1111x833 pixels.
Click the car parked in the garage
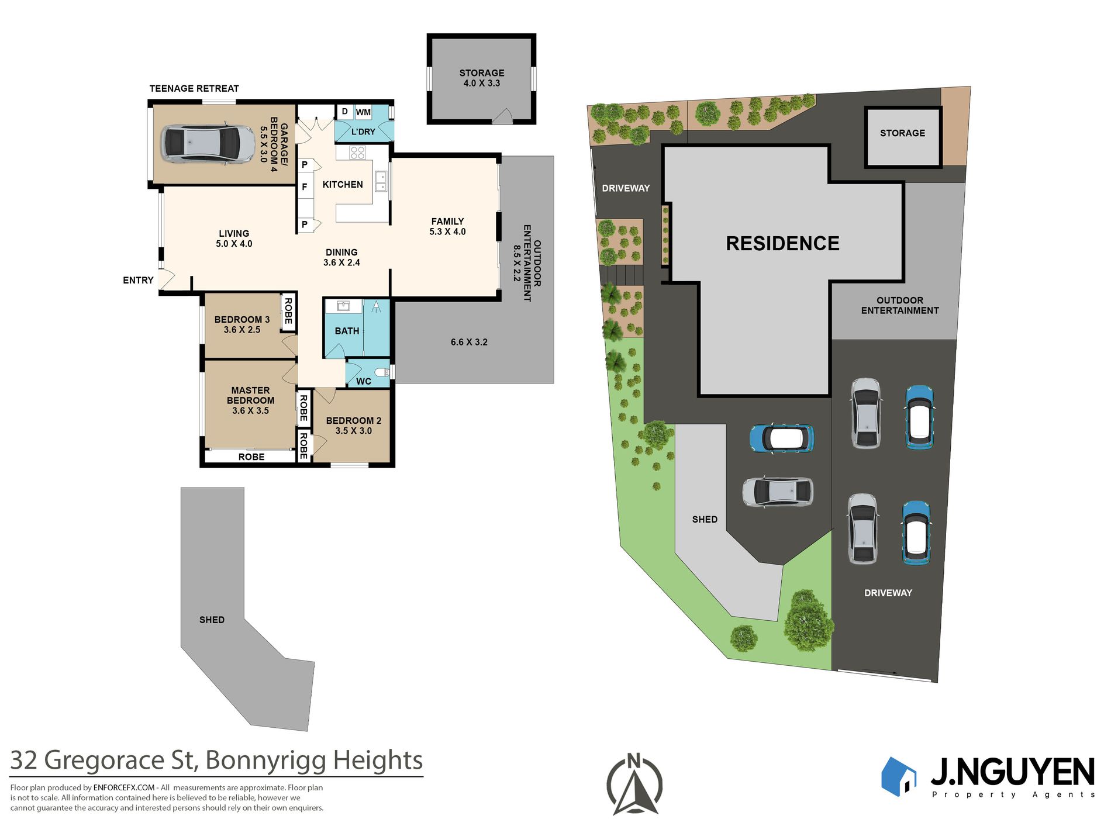coord(200,143)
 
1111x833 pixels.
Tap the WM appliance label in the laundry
coord(363,112)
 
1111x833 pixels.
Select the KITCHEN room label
coord(343,185)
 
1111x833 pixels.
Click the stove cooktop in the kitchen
coord(357,153)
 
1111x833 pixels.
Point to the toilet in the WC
coord(382,372)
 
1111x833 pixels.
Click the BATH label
coord(347,331)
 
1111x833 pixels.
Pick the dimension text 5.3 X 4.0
coord(447,231)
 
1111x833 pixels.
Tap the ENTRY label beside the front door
coord(138,281)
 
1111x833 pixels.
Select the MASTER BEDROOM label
coord(250,395)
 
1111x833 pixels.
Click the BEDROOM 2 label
coord(354,421)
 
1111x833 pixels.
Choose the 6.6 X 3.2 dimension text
coord(469,342)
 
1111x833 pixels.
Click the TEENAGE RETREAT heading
coord(194,89)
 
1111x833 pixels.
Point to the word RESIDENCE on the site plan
coord(782,243)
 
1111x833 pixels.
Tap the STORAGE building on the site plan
coord(903,137)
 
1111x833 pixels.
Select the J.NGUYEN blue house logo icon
coord(899,776)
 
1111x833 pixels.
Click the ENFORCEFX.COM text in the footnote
coord(124,788)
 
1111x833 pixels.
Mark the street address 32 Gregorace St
coord(103,761)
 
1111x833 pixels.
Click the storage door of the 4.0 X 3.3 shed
coord(502,117)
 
